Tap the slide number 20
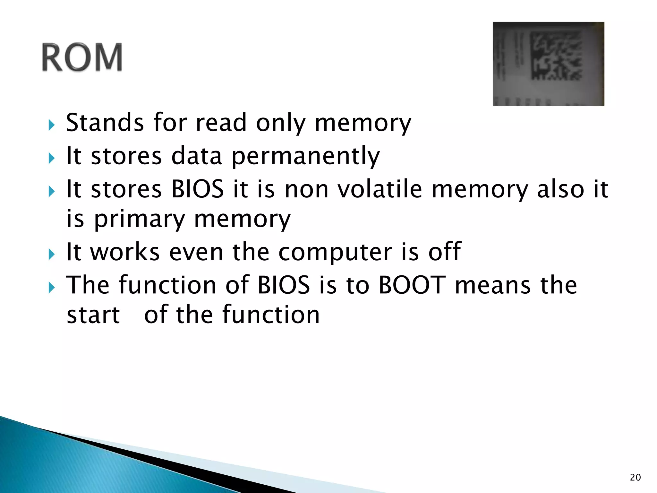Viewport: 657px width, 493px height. [635, 477]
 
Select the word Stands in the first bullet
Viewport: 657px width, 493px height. [105, 123]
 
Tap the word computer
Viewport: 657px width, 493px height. [335, 252]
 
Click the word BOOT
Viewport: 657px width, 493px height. [412, 285]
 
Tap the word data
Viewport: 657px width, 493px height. [196, 156]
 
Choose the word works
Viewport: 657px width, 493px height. [125, 252]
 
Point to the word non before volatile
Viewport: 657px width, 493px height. [307, 189]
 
